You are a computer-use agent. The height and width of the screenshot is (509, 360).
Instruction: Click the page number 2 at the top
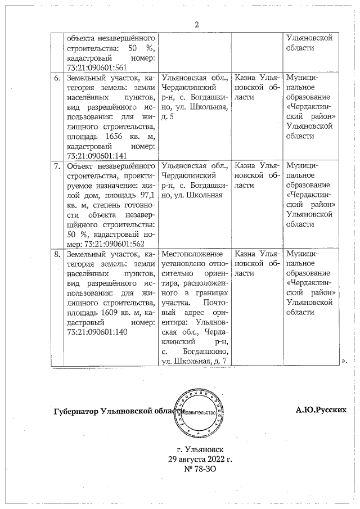[x=197, y=24]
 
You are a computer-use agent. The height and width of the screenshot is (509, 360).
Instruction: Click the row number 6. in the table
[x=57, y=78]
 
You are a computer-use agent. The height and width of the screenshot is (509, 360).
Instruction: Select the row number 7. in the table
[x=57, y=166]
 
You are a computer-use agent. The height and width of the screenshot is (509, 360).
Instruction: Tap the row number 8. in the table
[x=57, y=255]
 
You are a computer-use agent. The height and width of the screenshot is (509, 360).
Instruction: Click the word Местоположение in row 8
[x=188, y=255]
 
